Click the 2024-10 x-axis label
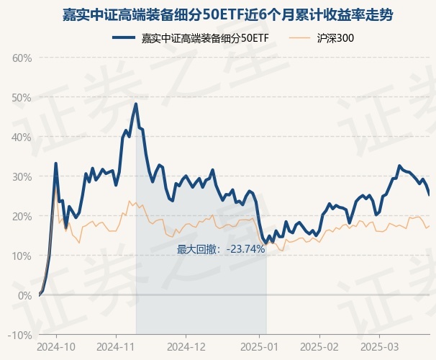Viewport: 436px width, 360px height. click(x=56, y=346)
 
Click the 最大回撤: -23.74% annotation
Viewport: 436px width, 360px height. click(x=222, y=250)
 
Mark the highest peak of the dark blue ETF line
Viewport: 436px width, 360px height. click(x=135, y=104)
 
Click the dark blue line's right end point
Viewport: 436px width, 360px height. click(x=430, y=195)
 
